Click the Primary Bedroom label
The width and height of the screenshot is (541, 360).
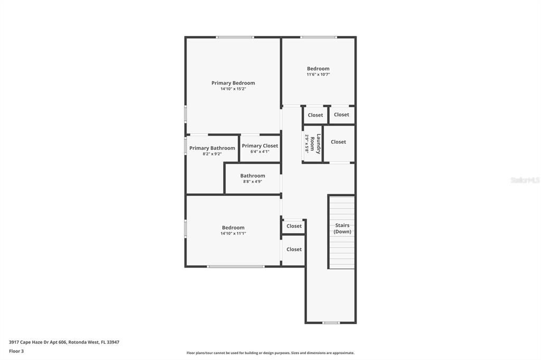coord(233,83)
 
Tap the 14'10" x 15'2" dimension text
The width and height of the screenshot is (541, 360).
coord(233,89)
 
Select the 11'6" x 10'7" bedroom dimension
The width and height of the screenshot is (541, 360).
coord(318,74)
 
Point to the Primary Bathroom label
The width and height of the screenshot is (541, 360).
coord(212,148)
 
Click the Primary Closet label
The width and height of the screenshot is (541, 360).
coord(260,146)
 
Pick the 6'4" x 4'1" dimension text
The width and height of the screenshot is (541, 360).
coord(260,151)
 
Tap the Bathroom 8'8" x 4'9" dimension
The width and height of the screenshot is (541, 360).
coord(253,182)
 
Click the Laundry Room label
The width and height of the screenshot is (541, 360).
coord(315,144)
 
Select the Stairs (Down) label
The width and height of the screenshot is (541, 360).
coord(342,228)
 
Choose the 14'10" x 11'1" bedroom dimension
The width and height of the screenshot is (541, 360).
coord(233,233)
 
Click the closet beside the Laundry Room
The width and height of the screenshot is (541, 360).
coord(338,142)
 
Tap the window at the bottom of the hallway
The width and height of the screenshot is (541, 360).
coord(331,323)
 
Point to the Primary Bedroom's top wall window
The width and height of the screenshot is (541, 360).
coord(235,37)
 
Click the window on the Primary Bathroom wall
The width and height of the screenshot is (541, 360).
coord(185,146)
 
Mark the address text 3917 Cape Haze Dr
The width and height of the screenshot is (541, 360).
coord(36,343)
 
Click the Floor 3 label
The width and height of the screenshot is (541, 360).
coord(16,352)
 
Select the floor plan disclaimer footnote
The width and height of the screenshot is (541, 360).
coord(270,353)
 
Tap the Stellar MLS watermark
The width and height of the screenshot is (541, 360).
coord(525,180)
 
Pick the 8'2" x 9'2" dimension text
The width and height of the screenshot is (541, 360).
coord(212,154)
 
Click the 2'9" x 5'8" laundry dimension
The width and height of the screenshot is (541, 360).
coord(306,144)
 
